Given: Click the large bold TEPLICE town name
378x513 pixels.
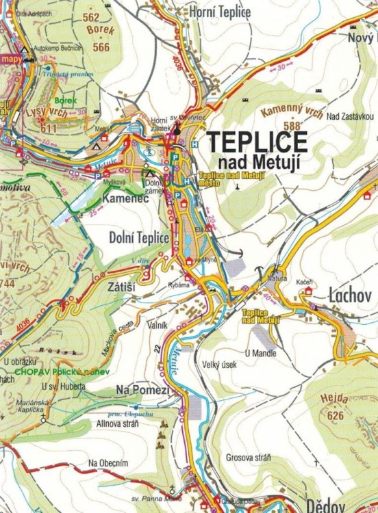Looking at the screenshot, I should tap(257, 141).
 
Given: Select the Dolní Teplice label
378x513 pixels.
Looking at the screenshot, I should tap(139, 237).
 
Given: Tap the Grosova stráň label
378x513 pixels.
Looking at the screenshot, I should tap(249, 457).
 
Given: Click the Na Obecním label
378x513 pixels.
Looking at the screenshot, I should tap(108, 464).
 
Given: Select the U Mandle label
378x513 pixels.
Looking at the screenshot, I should tap(260, 353).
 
